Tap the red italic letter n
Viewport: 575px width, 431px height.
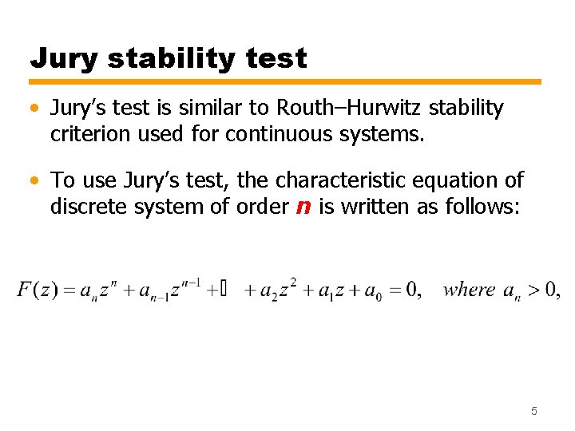303,207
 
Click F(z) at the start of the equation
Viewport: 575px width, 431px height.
37,290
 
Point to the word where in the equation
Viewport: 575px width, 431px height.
469,289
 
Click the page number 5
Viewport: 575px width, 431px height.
534,411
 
